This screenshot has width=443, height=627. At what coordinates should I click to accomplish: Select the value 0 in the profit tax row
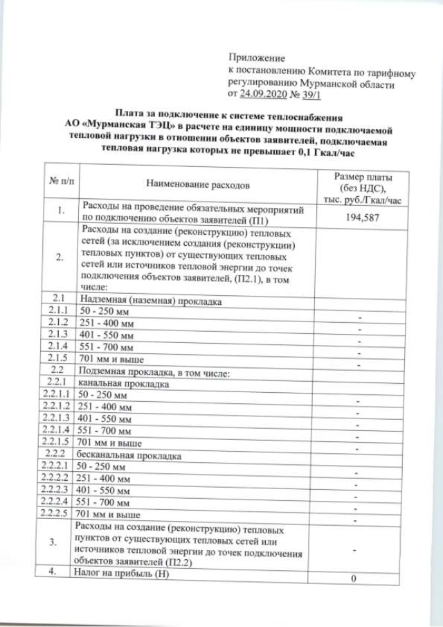354,579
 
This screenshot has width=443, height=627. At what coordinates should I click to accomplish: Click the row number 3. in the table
62,543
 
